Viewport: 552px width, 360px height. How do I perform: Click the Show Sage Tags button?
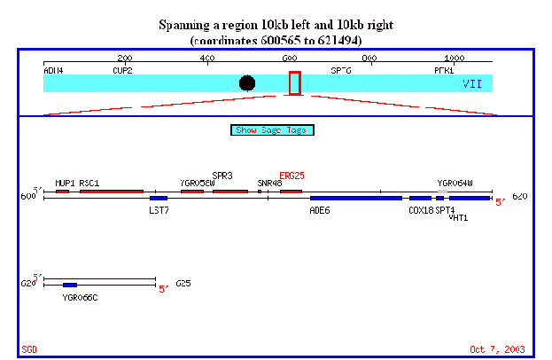273,130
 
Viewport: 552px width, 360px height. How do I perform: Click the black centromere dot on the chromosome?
247,82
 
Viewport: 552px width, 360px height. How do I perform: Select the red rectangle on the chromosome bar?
295,82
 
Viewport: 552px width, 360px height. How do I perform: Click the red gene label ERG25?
292,176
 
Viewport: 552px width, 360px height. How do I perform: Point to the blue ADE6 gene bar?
355,198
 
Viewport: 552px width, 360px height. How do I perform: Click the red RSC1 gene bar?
111,191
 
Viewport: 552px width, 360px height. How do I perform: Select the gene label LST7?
159,210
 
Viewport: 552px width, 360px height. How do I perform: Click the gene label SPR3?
222,176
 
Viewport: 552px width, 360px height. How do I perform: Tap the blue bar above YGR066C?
70,285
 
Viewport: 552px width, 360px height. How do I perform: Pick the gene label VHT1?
458,216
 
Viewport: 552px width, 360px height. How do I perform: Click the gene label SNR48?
269,183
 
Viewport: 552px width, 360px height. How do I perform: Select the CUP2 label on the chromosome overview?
122,69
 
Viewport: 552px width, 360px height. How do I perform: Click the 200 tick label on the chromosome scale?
125,59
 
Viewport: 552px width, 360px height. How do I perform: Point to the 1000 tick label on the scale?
454,59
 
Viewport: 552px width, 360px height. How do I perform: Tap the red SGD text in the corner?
28,348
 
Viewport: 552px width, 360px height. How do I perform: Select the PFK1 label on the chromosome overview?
444,69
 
